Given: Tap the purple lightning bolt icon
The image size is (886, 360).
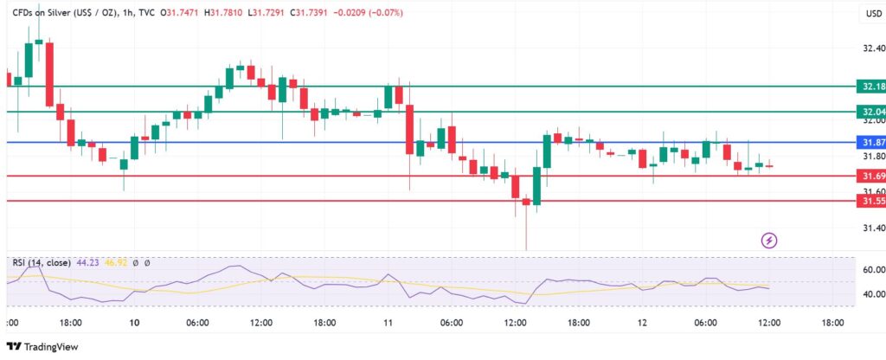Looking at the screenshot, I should (767, 240).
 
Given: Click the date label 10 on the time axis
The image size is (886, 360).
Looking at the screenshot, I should (134, 323).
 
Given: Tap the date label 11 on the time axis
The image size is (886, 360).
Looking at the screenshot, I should (388, 323).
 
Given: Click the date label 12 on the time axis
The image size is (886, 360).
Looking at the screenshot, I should (642, 323).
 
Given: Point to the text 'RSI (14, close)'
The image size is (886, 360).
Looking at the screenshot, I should (39, 263).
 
